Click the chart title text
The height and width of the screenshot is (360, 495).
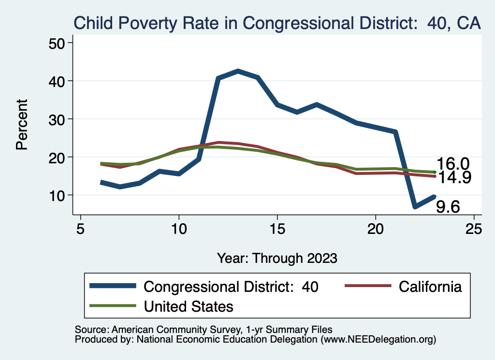pos(277,23)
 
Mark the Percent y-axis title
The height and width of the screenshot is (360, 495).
pos(22,124)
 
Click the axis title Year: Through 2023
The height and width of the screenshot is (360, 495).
pos(277,258)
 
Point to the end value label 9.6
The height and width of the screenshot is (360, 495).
pos(448,207)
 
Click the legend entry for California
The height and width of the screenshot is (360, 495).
pos(430,287)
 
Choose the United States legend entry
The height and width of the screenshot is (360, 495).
pos(189,306)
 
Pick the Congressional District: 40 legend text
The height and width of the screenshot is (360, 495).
pos(231,287)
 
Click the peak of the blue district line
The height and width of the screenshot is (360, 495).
pos(238,71)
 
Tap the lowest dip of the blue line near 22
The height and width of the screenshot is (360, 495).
pos(415,207)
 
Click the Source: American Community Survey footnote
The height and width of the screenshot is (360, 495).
pos(204,330)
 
